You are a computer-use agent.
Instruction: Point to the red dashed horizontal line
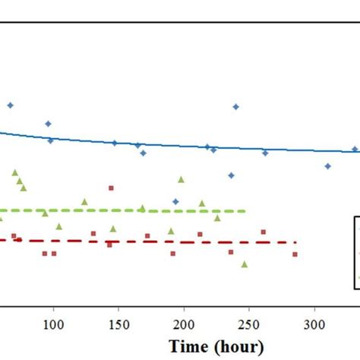pos(152,242)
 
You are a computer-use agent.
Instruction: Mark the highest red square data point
pos(111,188)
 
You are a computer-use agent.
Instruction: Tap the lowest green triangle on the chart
pos(245,264)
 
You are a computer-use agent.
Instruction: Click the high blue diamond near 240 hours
pos(235,107)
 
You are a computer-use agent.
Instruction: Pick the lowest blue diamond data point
pos(175,201)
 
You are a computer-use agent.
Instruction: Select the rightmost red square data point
pos(295,254)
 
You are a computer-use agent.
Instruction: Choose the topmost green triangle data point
pos(14,173)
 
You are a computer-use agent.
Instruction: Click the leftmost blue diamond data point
pos(10,106)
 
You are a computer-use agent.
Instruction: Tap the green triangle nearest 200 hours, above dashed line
pos(181,180)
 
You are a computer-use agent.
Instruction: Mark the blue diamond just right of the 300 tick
pos(328,166)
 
